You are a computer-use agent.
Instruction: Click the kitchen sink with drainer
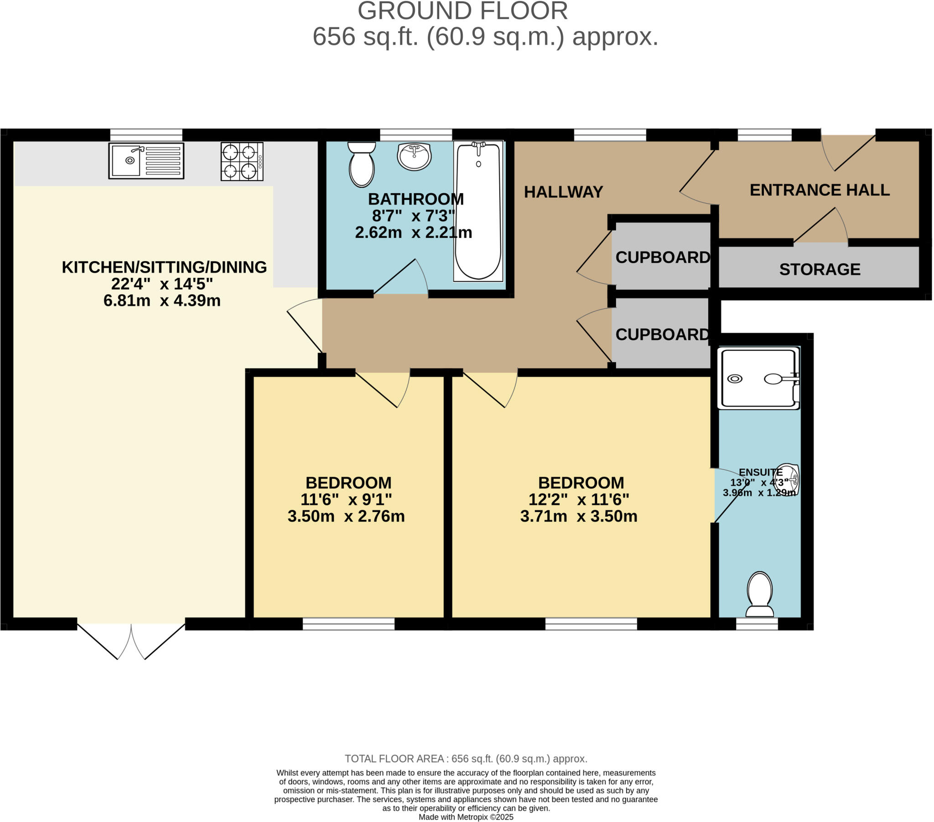146,161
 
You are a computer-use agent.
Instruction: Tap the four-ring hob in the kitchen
242,162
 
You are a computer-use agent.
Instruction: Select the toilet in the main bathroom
362,164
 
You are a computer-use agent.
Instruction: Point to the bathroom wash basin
414,157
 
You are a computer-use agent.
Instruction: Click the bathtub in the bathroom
478,211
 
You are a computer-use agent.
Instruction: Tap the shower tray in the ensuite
758,378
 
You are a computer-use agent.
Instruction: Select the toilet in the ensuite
759,595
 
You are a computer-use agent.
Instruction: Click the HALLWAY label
563,192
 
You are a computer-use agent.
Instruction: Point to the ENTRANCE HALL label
820,190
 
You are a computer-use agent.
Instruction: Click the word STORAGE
820,269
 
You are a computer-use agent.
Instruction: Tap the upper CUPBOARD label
662,257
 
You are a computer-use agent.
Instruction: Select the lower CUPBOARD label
662,335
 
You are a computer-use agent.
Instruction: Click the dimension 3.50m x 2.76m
346,517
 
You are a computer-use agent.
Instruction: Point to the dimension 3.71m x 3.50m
578,517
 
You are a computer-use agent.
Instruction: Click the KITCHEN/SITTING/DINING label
164,267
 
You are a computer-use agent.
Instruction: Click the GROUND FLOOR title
462,11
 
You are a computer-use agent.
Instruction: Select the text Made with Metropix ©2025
466,817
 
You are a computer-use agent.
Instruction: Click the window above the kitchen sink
146,135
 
